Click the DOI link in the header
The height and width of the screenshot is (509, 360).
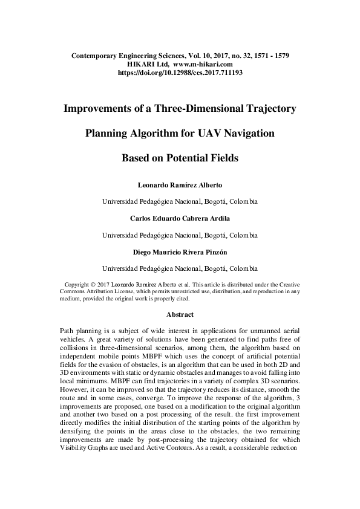(180, 72)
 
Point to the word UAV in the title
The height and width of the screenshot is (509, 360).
(213, 134)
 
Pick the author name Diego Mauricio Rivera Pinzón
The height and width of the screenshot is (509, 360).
(180, 251)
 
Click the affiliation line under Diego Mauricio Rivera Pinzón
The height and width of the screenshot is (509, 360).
(180, 268)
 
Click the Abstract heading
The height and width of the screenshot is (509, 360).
(180, 314)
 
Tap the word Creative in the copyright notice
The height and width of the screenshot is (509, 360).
(282, 284)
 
